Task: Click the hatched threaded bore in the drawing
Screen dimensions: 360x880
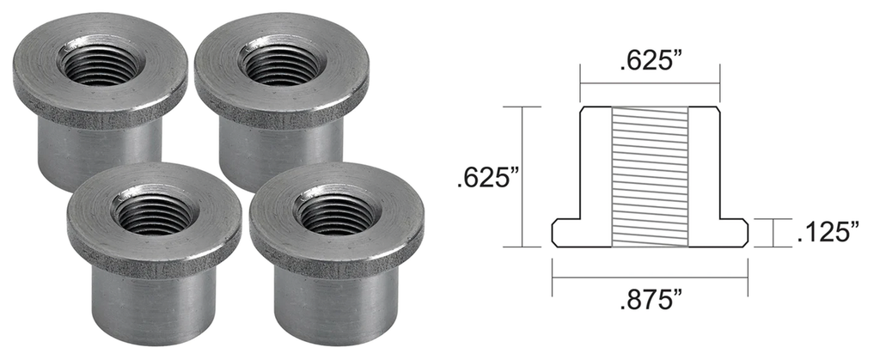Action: [x=650, y=176]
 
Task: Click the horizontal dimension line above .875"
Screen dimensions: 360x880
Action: [x=650, y=278]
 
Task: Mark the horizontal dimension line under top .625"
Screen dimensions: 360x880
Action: [x=650, y=83]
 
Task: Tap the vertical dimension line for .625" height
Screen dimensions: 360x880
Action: [x=522, y=176]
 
